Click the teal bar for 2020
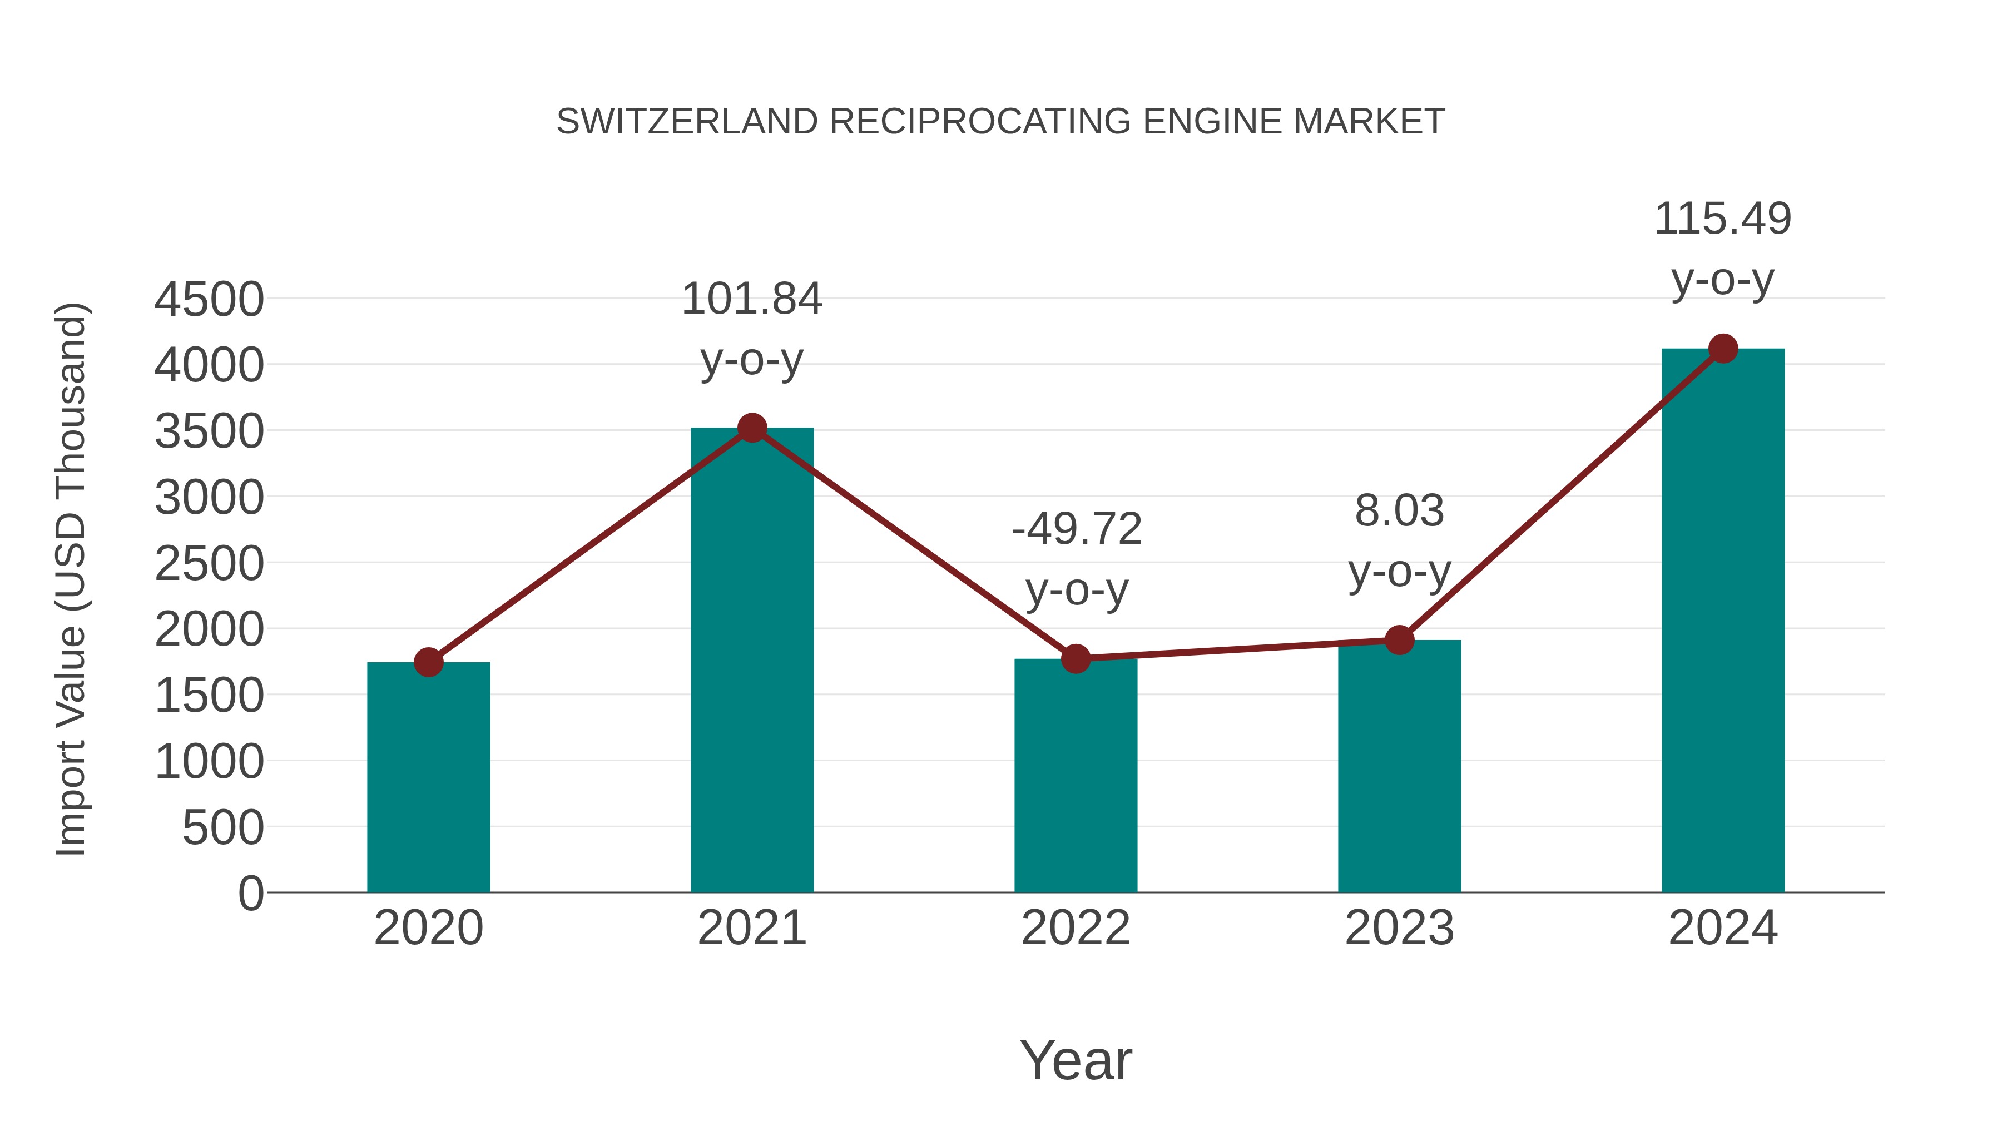(428, 777)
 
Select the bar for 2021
(751, 661)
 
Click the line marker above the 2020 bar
(428, 662)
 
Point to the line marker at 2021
(751, 428)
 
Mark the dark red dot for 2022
(1076, 659)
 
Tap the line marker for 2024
(1723, 349)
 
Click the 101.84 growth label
(751, 299)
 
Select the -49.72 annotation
(1077, 529)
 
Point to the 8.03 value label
(1399, 512)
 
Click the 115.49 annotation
(1722, 219)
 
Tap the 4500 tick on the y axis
(209, 299)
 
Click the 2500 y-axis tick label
(209, 563)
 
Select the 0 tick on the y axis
(250, 893)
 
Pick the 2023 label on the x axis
(1399, 928)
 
